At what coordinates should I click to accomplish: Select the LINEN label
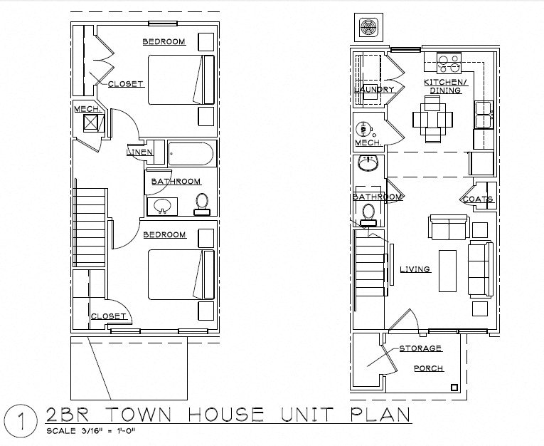coord(138,152)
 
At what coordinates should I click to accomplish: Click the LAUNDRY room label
coord(374,90)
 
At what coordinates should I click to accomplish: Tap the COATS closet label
coord(478,199)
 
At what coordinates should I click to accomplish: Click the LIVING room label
coord(415,269)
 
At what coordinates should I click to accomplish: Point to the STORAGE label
coord(420,348)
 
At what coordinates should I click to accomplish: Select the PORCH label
coord(429,368)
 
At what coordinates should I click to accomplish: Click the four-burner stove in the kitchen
coord(449,64)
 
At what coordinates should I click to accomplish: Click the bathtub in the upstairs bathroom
coord(190,155)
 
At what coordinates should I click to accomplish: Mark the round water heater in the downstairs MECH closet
coord(363,130)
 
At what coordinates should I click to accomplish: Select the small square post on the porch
coord(453,388)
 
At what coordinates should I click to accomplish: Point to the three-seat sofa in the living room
coord(480,269)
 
